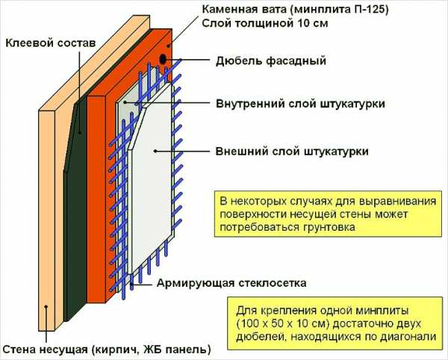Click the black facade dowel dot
click(162, 58)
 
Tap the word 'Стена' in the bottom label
click(19, 349)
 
